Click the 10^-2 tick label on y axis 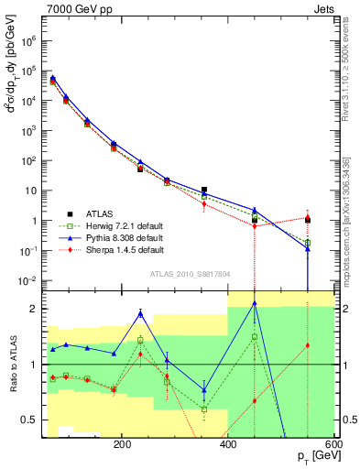(x=28, y=280)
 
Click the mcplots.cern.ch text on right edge (x=345, y=206)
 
